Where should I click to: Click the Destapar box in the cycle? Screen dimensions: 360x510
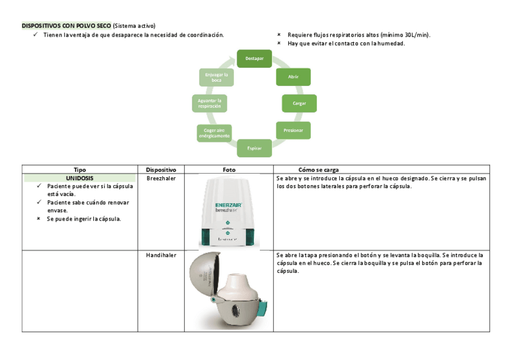coord(254,58)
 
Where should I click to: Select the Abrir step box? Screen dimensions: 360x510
coord(293,77)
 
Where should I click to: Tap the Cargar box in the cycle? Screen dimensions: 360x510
coord(299,103)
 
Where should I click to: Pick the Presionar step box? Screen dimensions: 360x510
coord(293,130)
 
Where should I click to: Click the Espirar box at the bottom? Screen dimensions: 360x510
coord(254,147)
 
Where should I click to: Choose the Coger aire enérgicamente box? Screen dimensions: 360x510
coord(214,133)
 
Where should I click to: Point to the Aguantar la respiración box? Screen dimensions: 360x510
coord(209,103)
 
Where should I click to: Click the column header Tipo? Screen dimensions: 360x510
coord(80,170)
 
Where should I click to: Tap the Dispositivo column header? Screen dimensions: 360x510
coord(161,170)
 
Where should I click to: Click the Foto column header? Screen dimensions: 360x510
coord(229,170)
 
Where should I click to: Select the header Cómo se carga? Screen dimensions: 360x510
coord(318,170)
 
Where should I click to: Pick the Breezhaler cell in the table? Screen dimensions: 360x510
coord(161,178)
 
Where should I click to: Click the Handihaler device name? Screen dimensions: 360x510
coord(161,255)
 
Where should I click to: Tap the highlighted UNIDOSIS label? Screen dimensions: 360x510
coord(80,178)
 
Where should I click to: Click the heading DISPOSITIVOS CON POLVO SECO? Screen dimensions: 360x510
coord(67,26)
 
